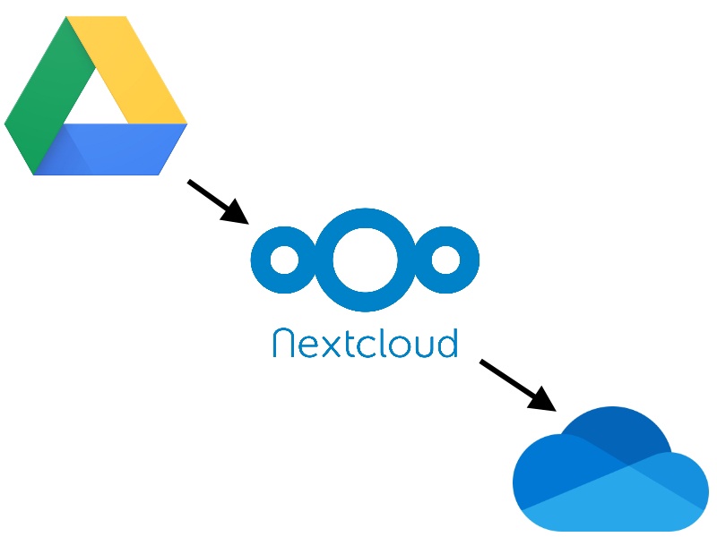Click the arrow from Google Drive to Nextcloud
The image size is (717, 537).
(218, 202)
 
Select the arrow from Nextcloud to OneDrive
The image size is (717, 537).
(518, 386)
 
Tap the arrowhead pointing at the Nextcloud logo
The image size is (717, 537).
(236, 213)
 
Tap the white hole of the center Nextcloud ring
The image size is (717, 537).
(365, 260)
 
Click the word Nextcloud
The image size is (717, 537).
(365, 343)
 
